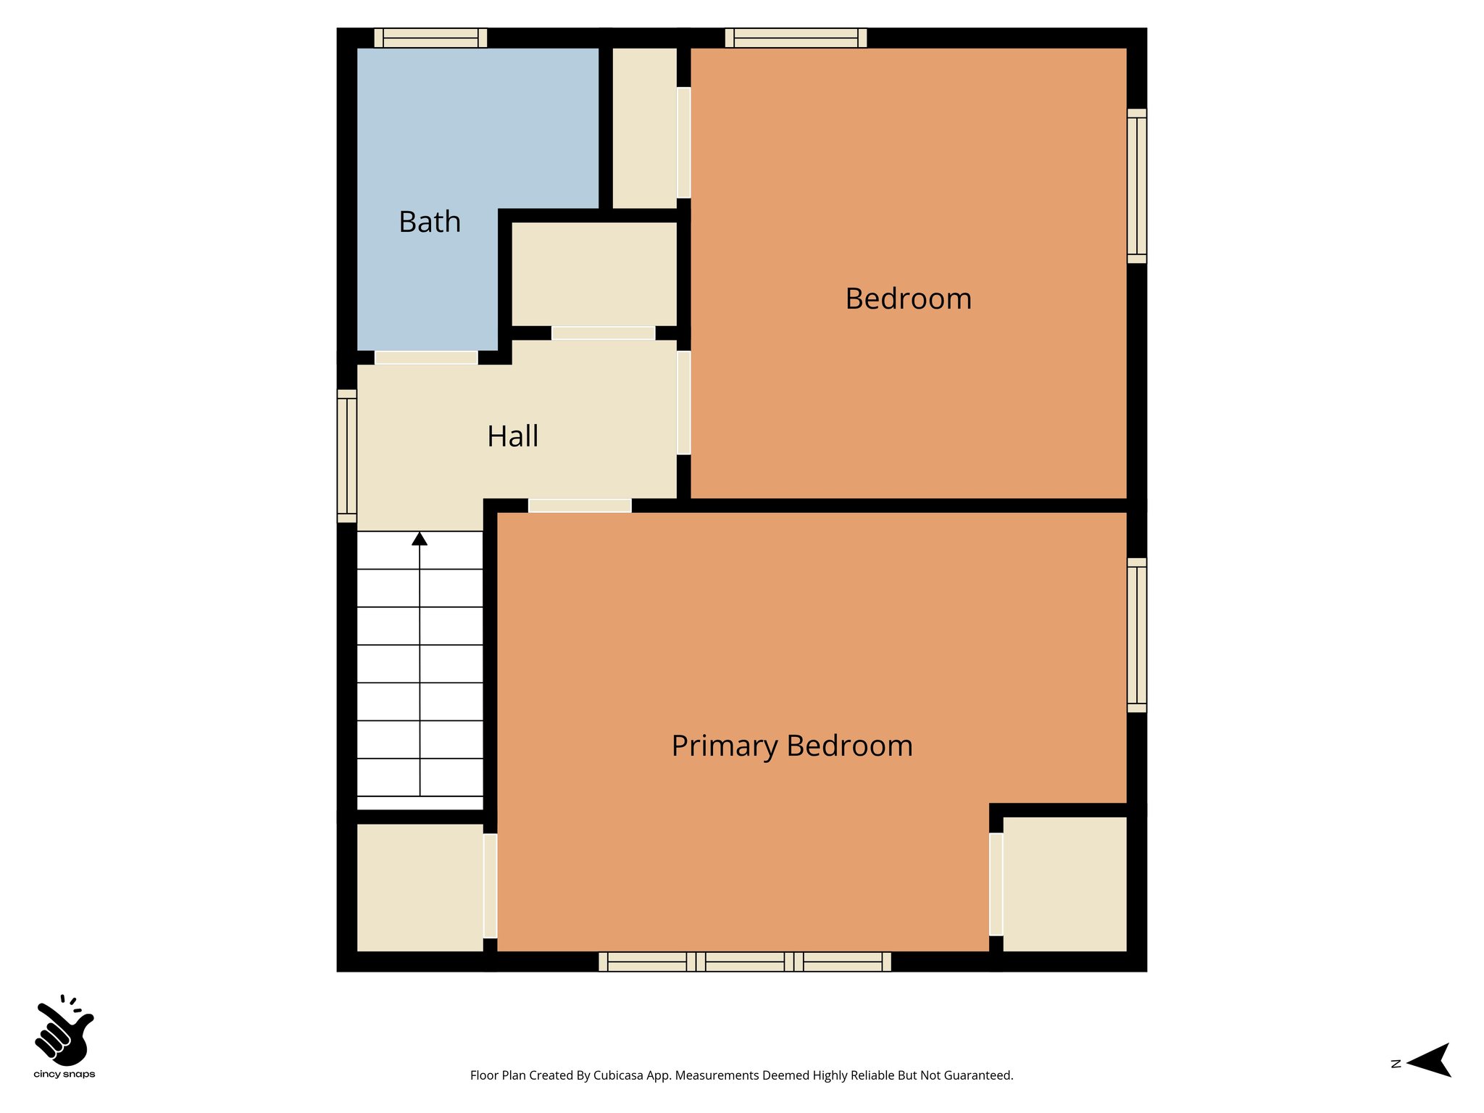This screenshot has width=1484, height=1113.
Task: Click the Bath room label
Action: coord(430,222)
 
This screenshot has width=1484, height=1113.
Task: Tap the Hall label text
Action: coord(512,436)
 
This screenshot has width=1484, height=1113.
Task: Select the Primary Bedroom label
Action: coord(791,746)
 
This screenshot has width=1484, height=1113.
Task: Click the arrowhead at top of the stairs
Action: coord(420,538)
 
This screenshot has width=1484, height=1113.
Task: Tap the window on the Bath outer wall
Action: coord(430,38)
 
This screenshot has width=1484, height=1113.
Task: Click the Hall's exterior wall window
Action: coord(347,456)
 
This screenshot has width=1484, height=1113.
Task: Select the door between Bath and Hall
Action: coord(426,357)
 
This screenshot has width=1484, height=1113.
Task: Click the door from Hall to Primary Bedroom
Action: coord(580,506)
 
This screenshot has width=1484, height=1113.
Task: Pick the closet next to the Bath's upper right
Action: coord(644,128)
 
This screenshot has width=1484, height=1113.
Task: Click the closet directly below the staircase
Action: coord(420,887)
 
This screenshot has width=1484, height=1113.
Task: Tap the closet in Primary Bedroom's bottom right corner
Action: coord(1064,883)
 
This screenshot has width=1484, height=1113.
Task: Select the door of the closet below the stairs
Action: coord(491,885)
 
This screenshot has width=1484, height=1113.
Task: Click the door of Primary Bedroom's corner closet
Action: coord(996,884)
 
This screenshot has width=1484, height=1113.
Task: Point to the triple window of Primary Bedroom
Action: coord(745,962)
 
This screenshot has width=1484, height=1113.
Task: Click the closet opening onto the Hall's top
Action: coord(594,274)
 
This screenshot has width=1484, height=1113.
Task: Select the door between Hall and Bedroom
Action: coord(683,403)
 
